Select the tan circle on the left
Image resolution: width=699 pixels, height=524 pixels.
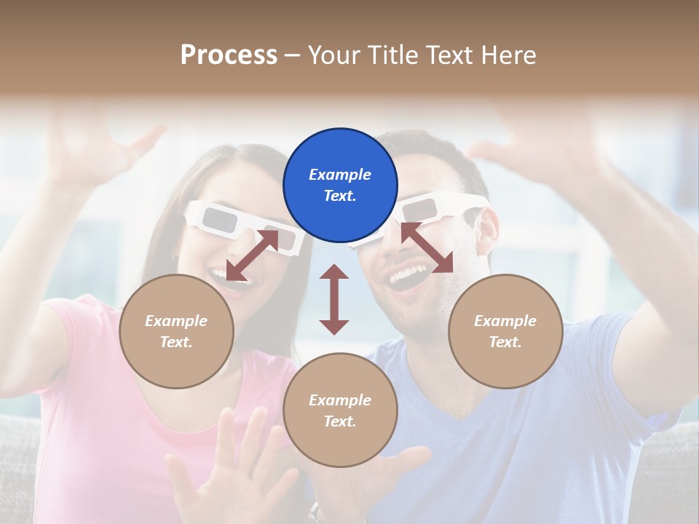pos(176,331)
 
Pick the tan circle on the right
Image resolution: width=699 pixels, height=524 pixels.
pos(505,331)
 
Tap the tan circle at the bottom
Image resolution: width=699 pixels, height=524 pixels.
pos(340,410)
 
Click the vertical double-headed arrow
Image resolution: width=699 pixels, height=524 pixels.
pos(334,300)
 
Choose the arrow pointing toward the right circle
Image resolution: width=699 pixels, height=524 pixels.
pos(427,248)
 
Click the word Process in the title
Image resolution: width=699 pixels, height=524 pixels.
pos(229,55)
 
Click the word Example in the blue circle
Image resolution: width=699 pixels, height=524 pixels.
pos(340,175)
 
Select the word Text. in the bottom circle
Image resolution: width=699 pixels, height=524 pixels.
pos(340,421)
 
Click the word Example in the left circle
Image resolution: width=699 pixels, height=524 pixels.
pos(176,321)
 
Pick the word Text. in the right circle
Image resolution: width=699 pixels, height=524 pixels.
pos(505,342)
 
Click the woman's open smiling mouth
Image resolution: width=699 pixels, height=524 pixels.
pos(220,276)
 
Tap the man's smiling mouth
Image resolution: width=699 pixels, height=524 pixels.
pos(408,275)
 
